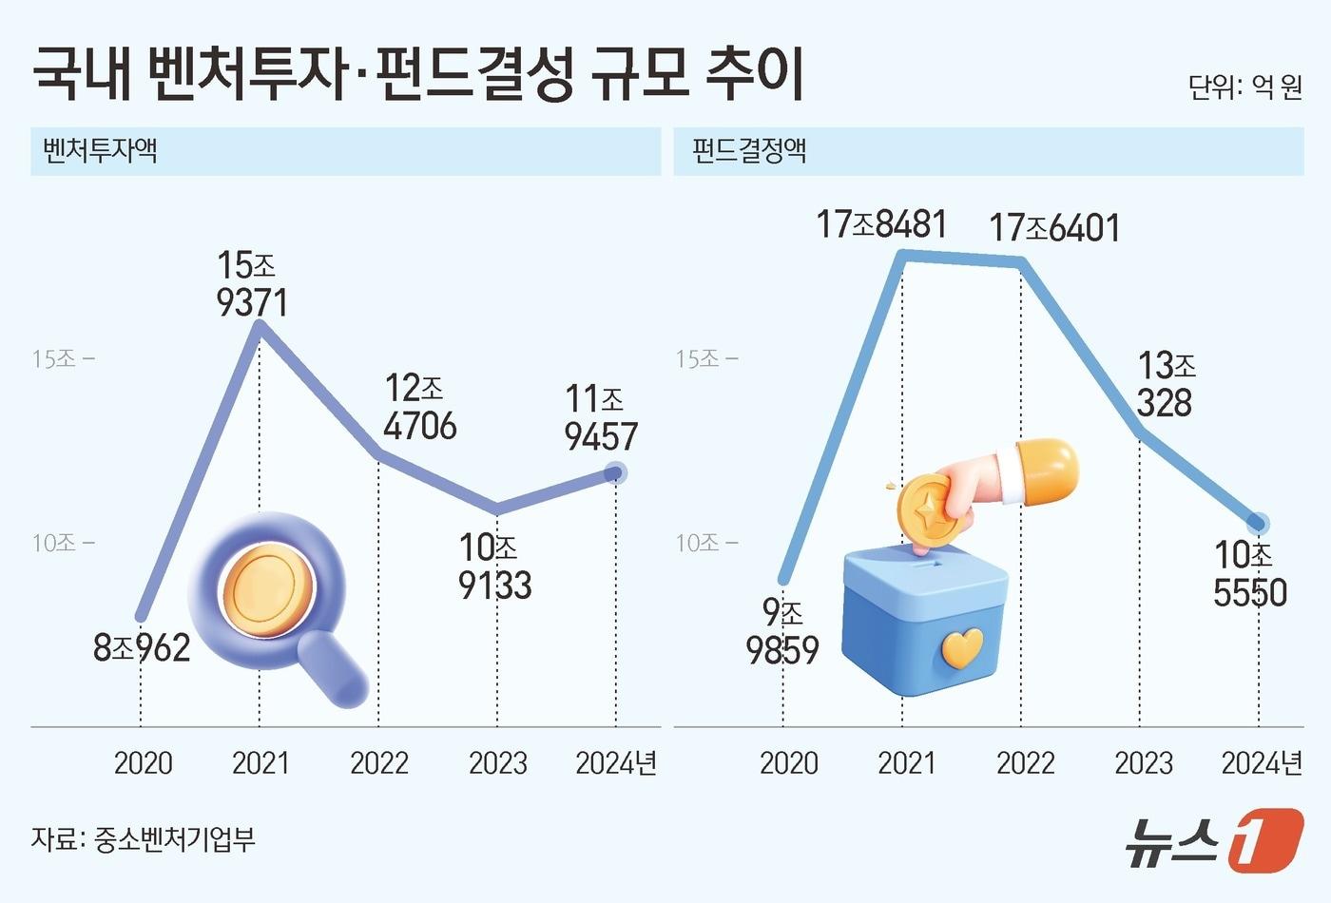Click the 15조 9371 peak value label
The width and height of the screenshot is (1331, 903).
[x=251, y=283]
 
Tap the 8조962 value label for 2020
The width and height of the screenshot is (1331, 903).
[x=142, y=648]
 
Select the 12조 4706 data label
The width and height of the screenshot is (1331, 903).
[x=419, y=407]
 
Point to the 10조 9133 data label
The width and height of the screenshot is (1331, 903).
[x=494, y=567]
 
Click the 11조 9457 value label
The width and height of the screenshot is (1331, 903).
[x=600, y=417]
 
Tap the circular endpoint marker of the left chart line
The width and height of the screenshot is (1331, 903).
[x=616, y=472]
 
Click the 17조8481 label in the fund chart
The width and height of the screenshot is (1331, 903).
[x=881, y=224]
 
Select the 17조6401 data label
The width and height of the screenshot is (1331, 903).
[x=1053, y=228]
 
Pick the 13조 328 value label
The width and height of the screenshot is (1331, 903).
[x=1166, y=384]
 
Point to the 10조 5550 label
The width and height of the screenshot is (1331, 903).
[x=1249, y=573]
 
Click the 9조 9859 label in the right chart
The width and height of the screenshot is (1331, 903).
[x=782, y=631]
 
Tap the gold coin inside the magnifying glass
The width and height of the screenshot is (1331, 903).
[x=267, y=588]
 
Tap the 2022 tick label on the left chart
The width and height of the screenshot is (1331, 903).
[x=378, y=762]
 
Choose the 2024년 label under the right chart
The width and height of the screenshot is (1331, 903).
[x=1262, y=762]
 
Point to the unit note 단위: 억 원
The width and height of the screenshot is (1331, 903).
[x=1244, y=87]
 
